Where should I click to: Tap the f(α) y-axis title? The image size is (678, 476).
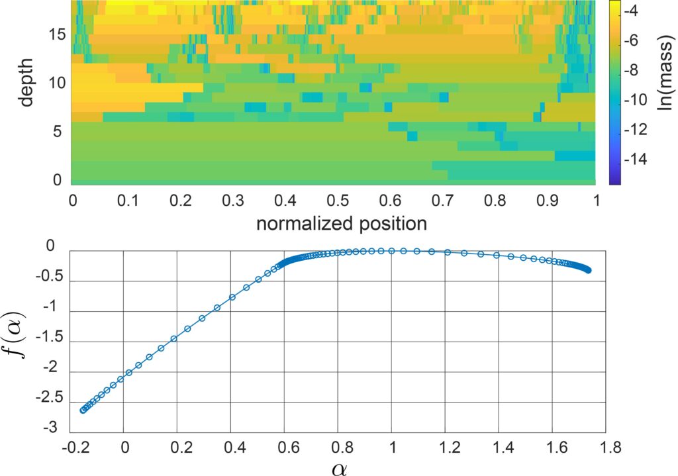click(x=19, y=340)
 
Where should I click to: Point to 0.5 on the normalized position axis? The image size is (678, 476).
click(x=334, y=199)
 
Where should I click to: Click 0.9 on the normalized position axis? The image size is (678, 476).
click(x=544, y=199)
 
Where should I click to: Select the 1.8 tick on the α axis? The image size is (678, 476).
click(x=605, y=448)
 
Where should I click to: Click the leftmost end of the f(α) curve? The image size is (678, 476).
click(x=83, y=410)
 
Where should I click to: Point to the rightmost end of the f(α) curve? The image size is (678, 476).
click(x=588, y=270)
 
